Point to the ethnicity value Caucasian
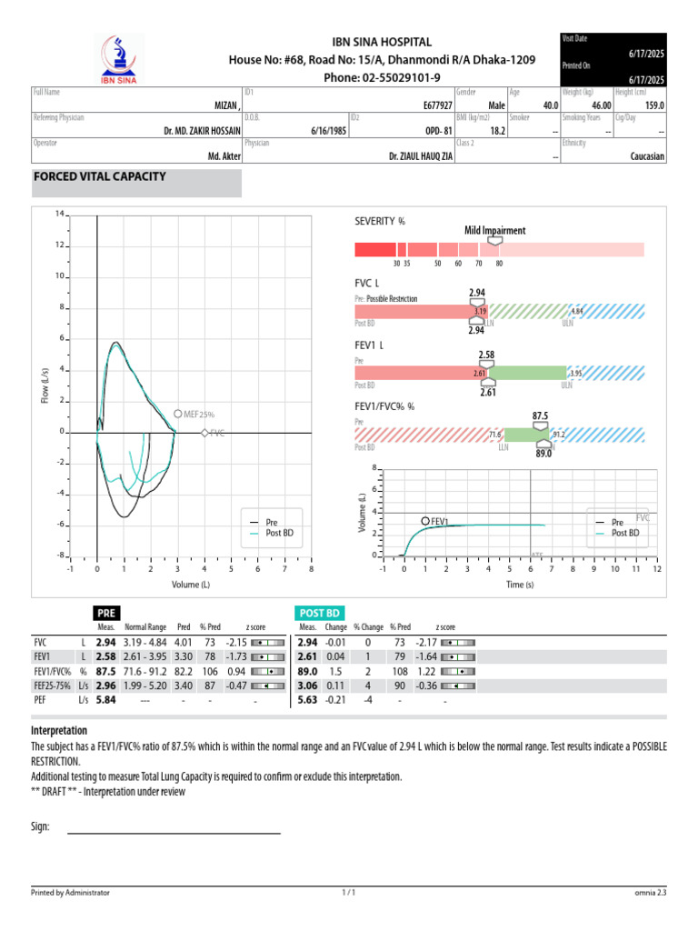pyautogui.click(x=647, y=156)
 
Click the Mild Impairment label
pyautogui.click(x=495, y=231)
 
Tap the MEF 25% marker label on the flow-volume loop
pyautogui.click(x=198, y=414)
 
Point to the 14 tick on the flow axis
pyautogui.click(x=59, y=215)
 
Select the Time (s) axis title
pyautogui.click(x=519, y=585)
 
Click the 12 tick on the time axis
pyautogui.click(x=656, y=569)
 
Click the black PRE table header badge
pyautogui.click(x=106, y=614)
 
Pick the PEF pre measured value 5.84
pyautogui.click(x=106, y=699)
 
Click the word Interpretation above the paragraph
pyautogui.click(x=59, y=731)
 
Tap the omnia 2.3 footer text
pyautogui.click(x=649, y=893)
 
